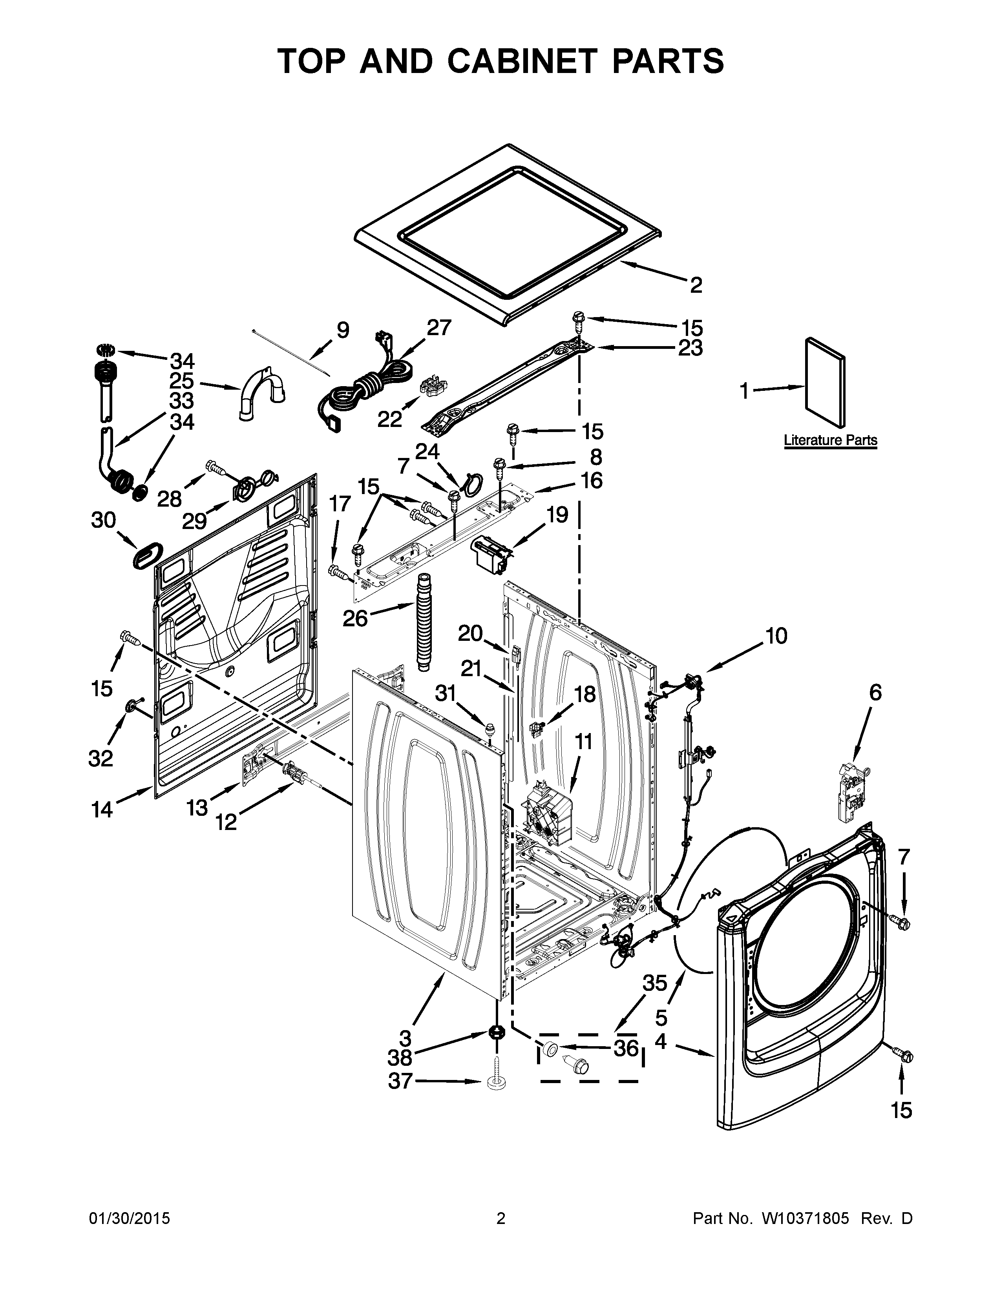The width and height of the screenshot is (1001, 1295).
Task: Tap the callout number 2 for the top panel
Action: (696, 285)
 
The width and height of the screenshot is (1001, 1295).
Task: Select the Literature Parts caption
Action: (830, 441)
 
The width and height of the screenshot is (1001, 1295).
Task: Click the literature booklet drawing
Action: (825, 382)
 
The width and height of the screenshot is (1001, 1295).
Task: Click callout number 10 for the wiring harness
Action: (776, 636)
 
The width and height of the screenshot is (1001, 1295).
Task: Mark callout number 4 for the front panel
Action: (661, 1041)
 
